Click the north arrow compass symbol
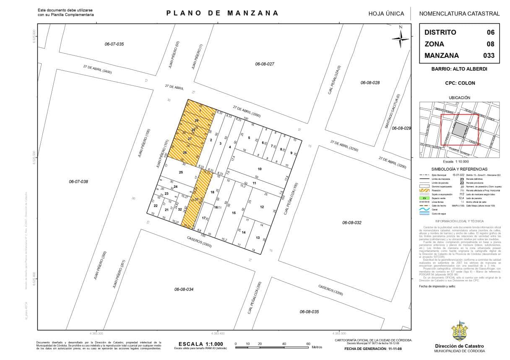click(401, 39)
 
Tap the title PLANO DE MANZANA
click(222, 13)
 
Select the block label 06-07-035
click(114, 44)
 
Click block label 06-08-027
click(265, 64)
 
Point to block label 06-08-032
click(351, 223)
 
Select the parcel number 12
click(262, 207)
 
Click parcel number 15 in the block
click(234, 213)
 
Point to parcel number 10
click(260, 169)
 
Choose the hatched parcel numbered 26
click(185, 153)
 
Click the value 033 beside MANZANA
click(489, 55)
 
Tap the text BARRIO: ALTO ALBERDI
click(459, 69)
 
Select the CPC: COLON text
click(460, 83)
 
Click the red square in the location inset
click(460, 130)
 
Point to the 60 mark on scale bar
click(308, 344)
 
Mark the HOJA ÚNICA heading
click(386, 13)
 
